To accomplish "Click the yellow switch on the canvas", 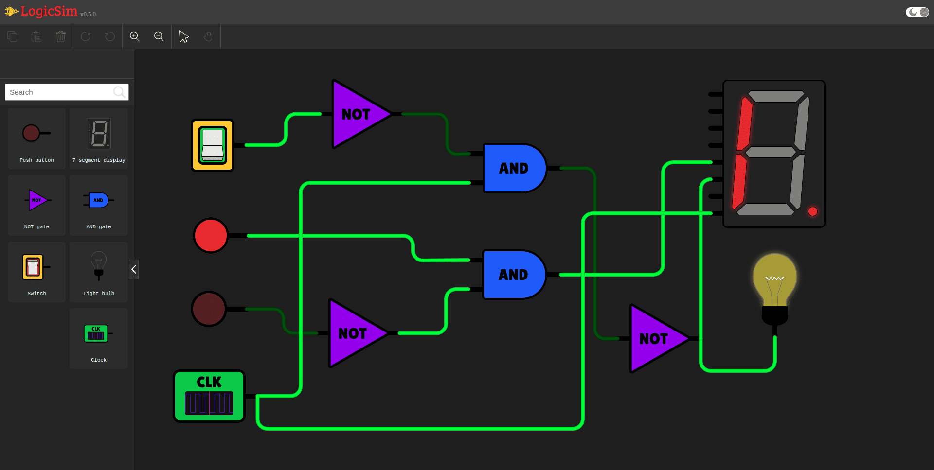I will (x=213, y=145).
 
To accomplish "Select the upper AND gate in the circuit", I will (x=513, y=168).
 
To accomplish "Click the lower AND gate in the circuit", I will (x=513, y=275).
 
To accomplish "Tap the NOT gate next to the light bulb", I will (x=654, y=339).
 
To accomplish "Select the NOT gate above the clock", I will (x=354, y=333).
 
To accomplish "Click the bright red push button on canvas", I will (x=211, y=236).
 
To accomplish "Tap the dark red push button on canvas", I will (x=209, y=309).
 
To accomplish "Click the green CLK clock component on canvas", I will (x=209, y=396).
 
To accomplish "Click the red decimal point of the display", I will (x=812, y=211).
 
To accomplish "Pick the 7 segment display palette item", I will (x=99, y=139).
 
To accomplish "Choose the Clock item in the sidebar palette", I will (x=99, y=338).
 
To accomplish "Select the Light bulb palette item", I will (x=99, y=272).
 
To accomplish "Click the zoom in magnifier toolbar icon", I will (x=135, y=36).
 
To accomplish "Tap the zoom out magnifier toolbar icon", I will (x=159, y=36).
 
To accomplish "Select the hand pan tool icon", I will (x=208, y=36).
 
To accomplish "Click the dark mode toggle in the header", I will (x=917, y=12).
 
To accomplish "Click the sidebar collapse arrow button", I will (x=134, y=269).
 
